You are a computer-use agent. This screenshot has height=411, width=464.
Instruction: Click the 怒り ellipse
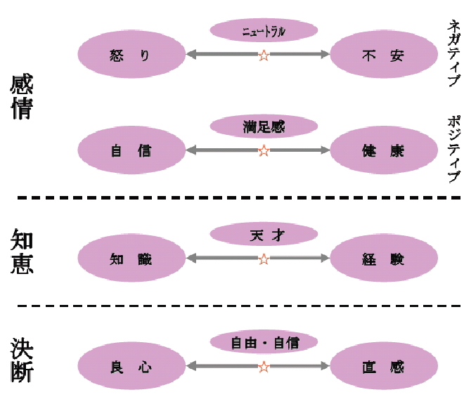pos(131,54)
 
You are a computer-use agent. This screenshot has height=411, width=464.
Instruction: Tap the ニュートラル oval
pos(264,30)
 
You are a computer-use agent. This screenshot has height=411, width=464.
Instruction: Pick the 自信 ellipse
pos(131,150)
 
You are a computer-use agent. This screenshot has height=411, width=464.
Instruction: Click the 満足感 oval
pos(264,127)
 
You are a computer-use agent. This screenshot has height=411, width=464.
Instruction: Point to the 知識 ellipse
pos(131,259)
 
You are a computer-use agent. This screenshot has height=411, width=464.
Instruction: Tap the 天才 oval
pos(264,234)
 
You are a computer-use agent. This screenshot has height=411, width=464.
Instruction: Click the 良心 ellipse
pos(131,367)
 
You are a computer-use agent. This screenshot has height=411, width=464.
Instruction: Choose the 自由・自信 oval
pos(264,343)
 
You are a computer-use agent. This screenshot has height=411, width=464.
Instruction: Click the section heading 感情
pos(22,98)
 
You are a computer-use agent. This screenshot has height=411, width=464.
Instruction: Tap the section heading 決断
pos(22,360)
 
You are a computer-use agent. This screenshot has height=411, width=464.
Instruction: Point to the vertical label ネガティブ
pos(453,53)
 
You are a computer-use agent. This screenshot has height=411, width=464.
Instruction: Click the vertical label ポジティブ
pos(453,148)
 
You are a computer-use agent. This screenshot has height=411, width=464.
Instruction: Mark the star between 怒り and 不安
pos(264,55)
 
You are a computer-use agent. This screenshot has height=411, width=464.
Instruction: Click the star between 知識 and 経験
pos(264,259)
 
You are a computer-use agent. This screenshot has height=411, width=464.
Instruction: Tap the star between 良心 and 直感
pos(264,367)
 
